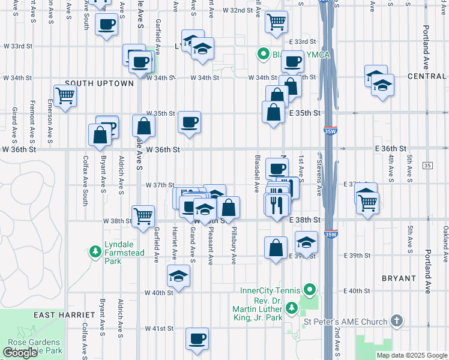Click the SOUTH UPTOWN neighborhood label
pos(99,83)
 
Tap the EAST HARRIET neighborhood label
pos(64,315)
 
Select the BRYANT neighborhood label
pos(399,278)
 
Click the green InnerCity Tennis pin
pos(310,291)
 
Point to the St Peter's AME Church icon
pos(396,322)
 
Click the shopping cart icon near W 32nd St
pos(276,22)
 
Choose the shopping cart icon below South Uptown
pos(65,95)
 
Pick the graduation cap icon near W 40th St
pos(178,276)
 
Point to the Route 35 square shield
pos(427,165)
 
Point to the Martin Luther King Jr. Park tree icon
pos(292,308)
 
